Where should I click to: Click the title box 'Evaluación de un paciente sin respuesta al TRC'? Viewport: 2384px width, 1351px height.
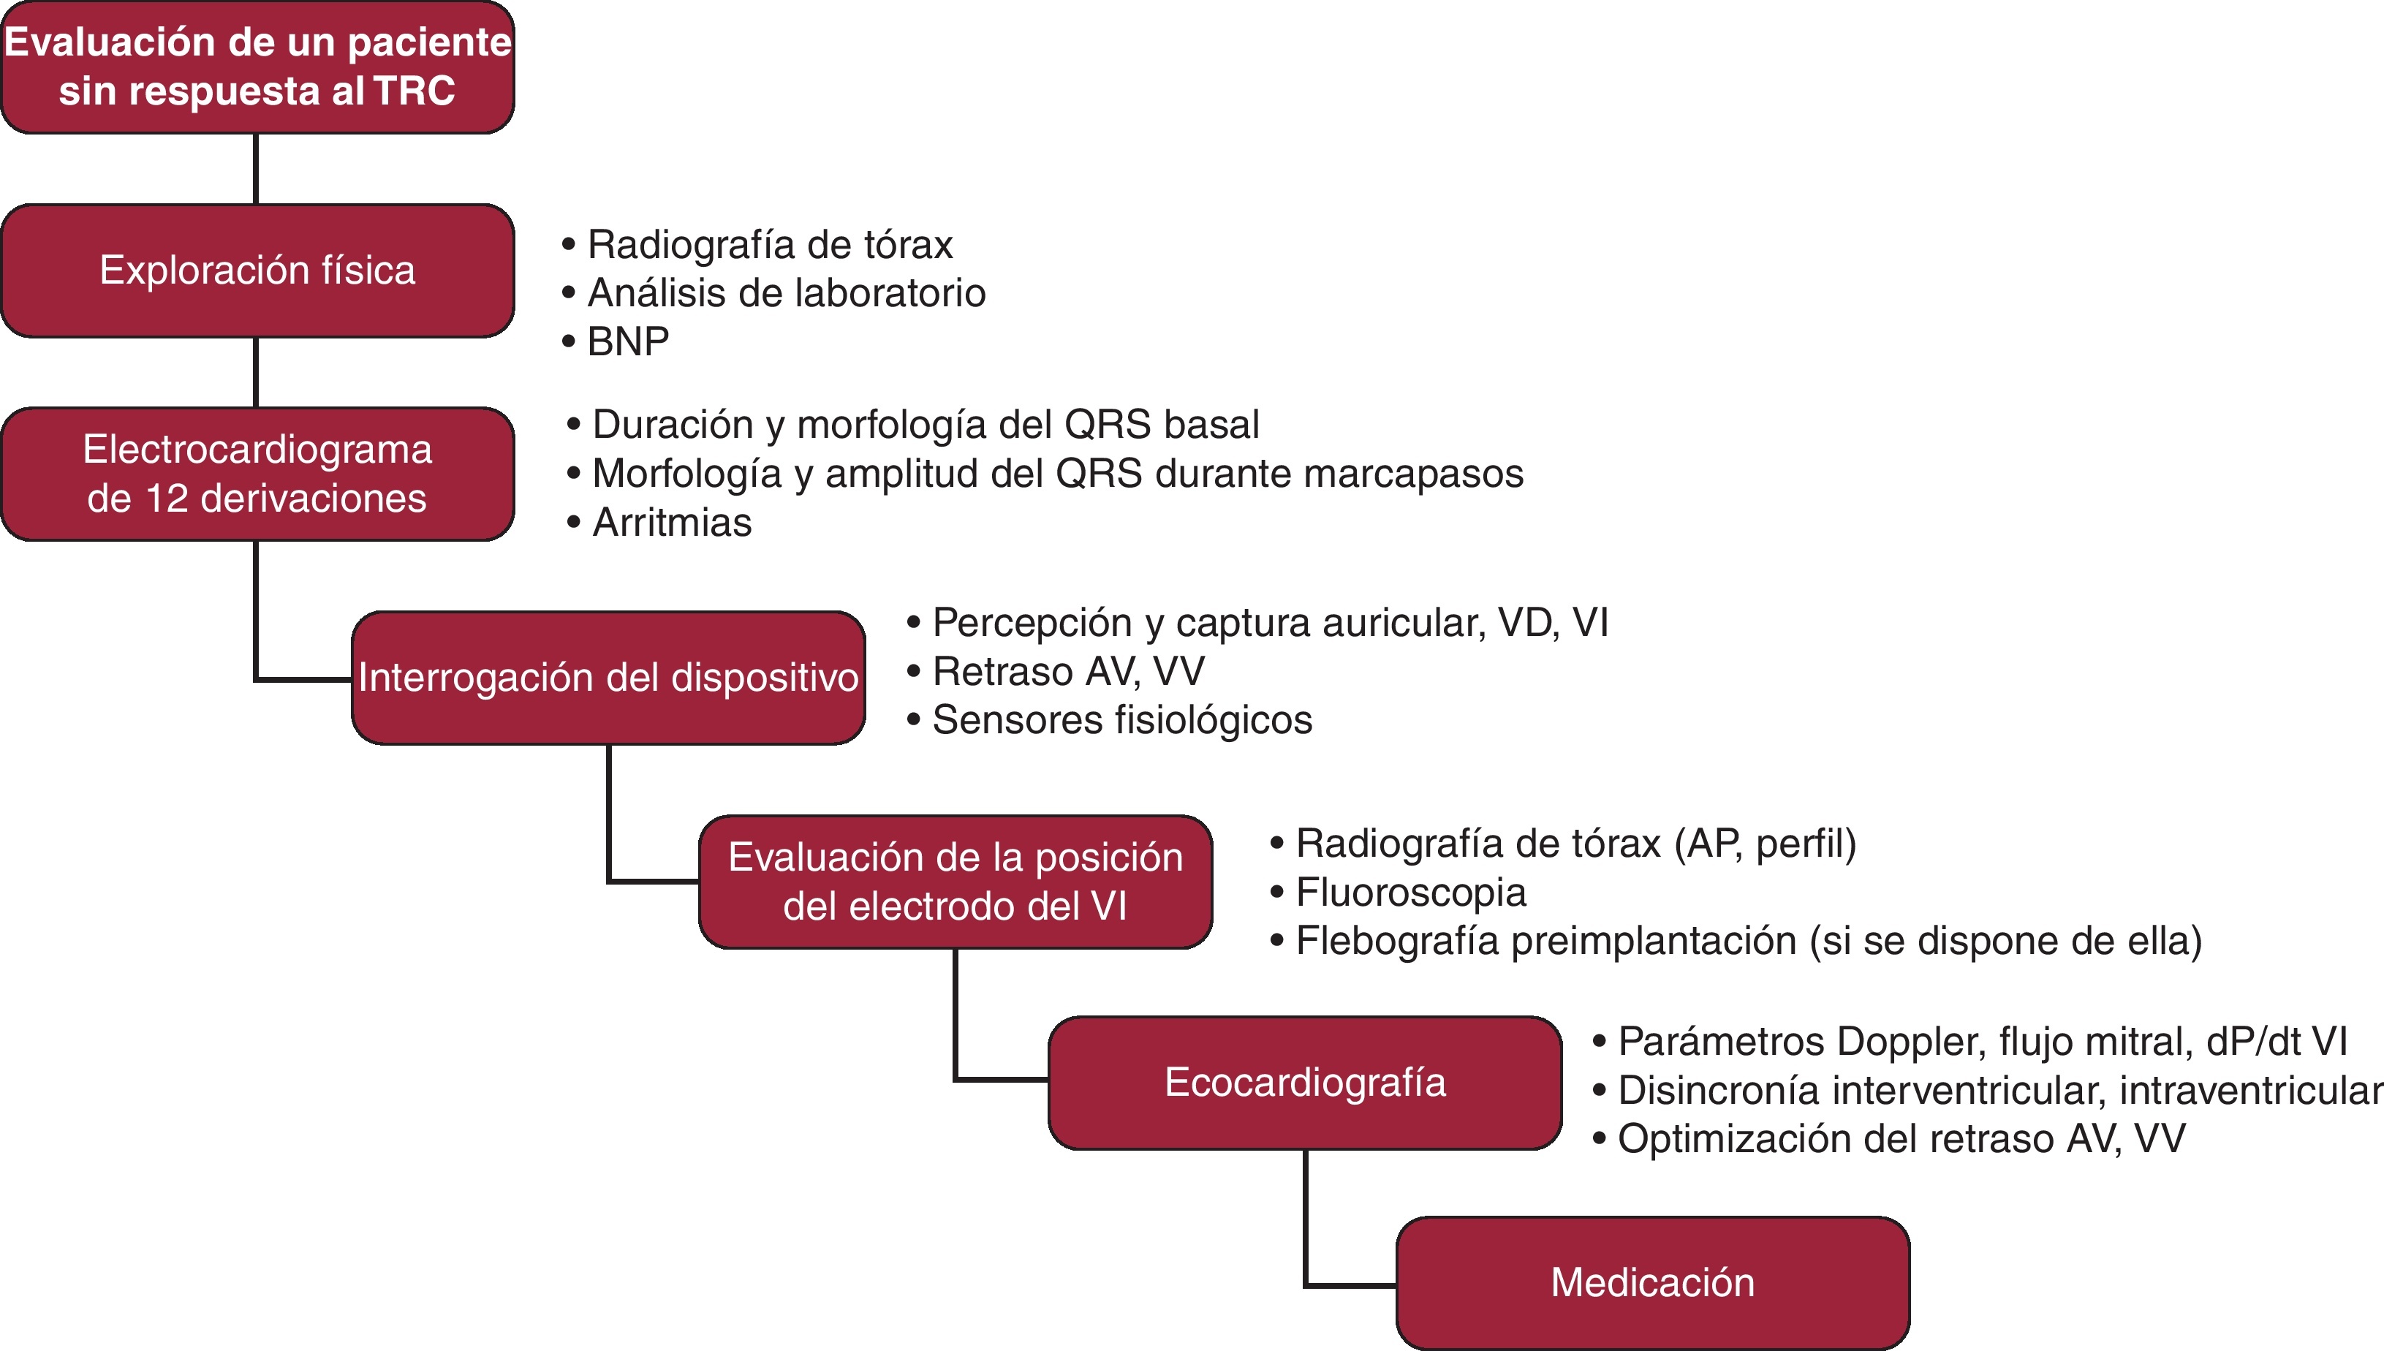[257, 67]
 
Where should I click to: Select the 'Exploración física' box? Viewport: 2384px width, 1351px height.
[257, 270]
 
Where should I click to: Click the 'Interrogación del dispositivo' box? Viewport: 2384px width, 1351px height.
[608, 678]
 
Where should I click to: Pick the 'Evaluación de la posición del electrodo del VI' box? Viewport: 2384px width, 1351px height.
[956, 882]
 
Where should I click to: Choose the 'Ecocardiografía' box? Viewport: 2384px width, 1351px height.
[1304, 1083]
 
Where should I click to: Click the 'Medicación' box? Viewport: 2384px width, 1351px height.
[1652, 1282]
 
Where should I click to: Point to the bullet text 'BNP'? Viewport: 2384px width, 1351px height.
[628, 341]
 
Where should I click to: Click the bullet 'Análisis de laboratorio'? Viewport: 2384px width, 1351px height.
[786, 293]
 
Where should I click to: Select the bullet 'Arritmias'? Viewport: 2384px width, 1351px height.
[672, 523]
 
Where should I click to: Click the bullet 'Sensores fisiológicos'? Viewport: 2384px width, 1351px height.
[1121, 720]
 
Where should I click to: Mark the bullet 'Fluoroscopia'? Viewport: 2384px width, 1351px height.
[1410, 893]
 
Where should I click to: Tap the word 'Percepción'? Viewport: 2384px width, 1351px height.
[1032, 623]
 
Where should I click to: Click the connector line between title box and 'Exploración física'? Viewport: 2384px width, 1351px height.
[256, 169]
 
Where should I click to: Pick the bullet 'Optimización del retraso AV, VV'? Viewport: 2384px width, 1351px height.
[1901, 1138]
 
